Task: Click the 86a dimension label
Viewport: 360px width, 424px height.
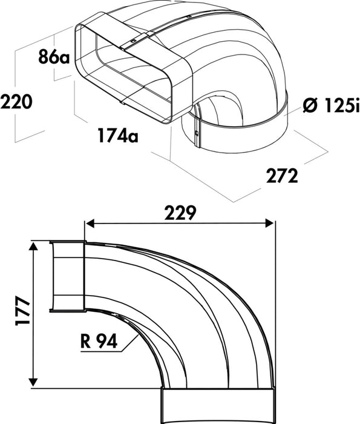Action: point(54,56)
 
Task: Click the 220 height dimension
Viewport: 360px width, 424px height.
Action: point(16,102)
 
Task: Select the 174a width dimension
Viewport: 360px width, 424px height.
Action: point(118,135)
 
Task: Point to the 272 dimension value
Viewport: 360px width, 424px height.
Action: point(282,176)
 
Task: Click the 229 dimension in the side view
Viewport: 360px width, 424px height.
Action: point(180,213)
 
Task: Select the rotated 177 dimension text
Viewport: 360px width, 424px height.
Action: point(22,310)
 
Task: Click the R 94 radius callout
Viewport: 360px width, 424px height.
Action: point(99,341)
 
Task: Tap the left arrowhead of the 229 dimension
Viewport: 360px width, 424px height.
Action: point(90,224)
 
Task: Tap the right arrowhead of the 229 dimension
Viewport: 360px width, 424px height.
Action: point(270,224)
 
